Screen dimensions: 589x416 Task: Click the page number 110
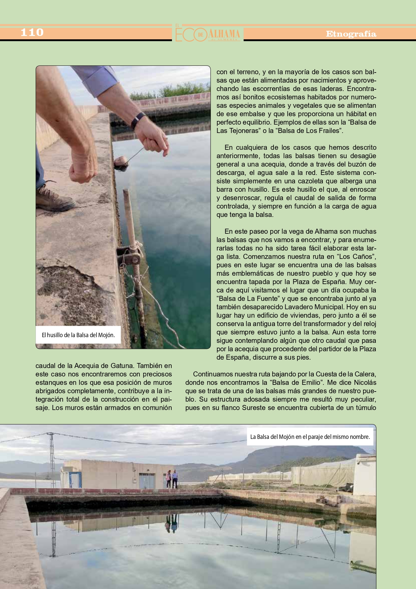coord(32,33)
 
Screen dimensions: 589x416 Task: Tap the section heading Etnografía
coord(351,34)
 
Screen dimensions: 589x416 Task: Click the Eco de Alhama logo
coord(208,34)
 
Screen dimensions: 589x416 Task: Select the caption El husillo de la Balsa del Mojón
coord(78,335)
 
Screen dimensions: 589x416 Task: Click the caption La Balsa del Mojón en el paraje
coord(310,437)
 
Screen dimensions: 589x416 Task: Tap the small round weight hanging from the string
coord(121,163)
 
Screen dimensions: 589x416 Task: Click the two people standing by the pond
coord(171,479)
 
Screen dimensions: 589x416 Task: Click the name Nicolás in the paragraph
coord(365,382)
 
